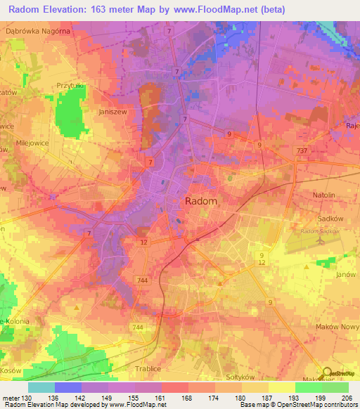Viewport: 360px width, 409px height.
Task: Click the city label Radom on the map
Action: point(200,201)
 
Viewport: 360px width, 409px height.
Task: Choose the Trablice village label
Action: point(148,368)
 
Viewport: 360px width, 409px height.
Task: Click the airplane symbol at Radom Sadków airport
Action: point(321,240)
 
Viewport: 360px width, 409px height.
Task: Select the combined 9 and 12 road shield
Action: point(262,259)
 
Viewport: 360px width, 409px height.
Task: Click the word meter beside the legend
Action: point(10,398)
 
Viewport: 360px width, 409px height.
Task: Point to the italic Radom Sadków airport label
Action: point(320,231)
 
